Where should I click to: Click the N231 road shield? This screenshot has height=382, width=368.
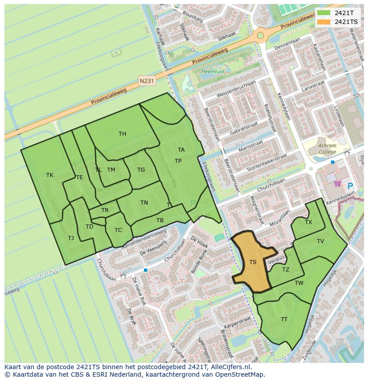(146, 81)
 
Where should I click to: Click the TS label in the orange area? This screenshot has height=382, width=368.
(253, 262)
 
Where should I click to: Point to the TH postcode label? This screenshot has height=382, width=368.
(122, 134)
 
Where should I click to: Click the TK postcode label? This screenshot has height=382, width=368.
(50, 175)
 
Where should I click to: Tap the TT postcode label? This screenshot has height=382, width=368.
(284, 319)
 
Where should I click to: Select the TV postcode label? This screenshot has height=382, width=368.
(320, 241)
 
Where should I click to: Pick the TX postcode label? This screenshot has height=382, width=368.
(308, 222)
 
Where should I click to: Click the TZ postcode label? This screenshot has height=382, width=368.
(286, 270)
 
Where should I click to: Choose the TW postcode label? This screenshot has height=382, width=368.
(299, 283)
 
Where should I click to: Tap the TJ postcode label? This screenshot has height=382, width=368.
(71, 238)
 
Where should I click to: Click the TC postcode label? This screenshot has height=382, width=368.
(118, 230)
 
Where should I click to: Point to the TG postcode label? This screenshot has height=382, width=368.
(141, 170)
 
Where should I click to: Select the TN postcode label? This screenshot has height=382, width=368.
(144, 203)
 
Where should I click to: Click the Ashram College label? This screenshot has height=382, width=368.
(327, 149)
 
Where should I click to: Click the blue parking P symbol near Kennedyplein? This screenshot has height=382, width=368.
(350, 186)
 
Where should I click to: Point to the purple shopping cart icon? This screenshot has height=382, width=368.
(338, 183)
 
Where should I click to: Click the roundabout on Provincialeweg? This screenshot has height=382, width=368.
(260, 35)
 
